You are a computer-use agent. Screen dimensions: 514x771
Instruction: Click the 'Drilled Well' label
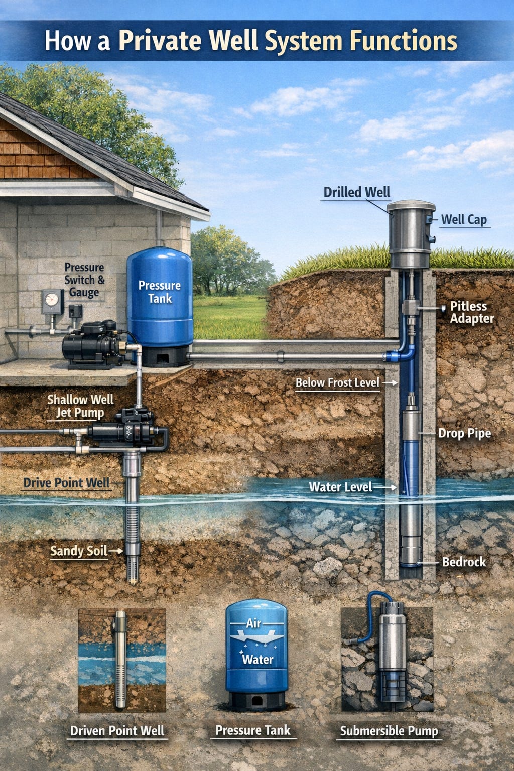tap(356, 192)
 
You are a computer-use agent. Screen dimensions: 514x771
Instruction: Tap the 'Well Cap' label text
tap(464, 220)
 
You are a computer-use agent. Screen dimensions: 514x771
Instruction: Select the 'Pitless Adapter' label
tap(471, 312)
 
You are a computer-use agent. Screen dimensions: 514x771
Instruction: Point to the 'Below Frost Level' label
tap(337, 383)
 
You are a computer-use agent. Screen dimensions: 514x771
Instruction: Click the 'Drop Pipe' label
tap(464, 433)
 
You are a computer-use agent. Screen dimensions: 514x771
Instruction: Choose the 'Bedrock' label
tap(464, 562)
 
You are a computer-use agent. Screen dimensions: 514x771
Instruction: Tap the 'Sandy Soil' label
tap(79, 551)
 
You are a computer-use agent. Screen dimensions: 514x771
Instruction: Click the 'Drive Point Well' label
tap(66, 483)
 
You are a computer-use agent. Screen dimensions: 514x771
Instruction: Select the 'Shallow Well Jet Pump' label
tap(80, 406)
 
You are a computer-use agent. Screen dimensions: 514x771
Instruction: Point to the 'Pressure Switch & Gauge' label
tap(84, 280)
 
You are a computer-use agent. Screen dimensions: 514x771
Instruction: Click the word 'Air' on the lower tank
tap(253, 623)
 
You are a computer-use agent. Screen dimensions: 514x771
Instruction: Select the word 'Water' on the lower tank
tap(258, 659)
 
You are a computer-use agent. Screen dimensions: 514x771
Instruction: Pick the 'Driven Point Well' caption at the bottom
tap(117, 731)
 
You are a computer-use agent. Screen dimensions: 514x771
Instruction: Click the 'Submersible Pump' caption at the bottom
tap(389, 731)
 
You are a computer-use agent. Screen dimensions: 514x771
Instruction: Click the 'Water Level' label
tap(340, 487)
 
